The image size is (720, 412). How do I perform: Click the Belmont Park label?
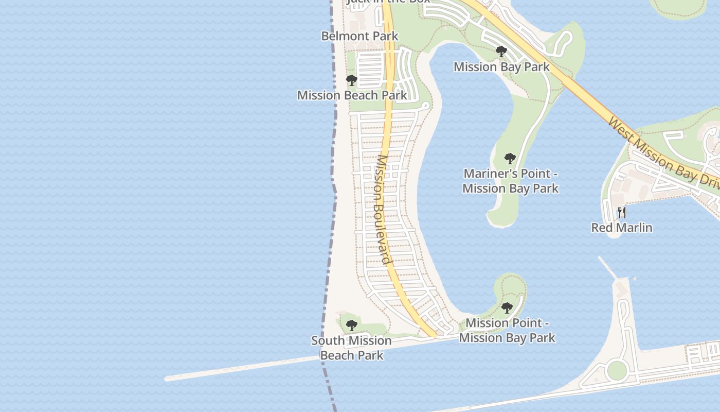pos(359,36)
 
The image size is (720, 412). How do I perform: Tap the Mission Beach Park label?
pos(352,95)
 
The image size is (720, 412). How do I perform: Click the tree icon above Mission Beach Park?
pos(352,80)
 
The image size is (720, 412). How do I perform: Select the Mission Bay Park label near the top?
pos(501,67)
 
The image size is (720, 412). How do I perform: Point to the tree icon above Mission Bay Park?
pos(501,51)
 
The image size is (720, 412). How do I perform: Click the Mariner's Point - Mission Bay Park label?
pos(510,181)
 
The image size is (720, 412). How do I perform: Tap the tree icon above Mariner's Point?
pos(510,158)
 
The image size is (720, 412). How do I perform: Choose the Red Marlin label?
pos(621,228)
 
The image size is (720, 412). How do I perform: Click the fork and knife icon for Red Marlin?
pos(622,212)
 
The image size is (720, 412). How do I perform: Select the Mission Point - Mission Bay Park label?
pos(507,330)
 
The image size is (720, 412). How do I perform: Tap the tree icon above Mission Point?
pos(507,308)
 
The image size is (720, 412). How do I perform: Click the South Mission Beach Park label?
pos(352,348)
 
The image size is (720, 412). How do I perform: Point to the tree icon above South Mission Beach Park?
pos(352,325)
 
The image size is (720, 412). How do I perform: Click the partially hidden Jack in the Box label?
pos(388,2)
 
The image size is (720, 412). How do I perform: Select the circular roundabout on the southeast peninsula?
pos(617,370)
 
